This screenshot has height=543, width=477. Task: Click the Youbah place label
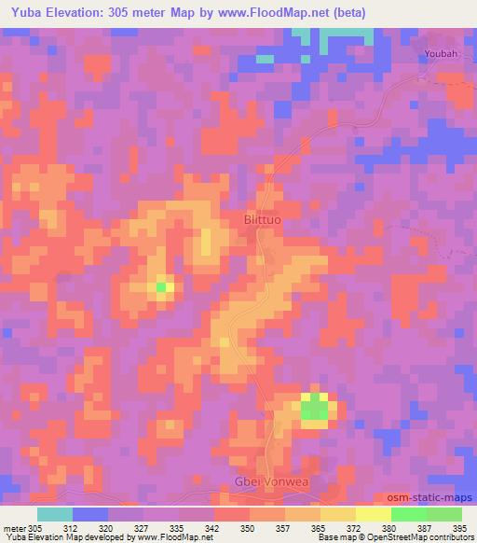pos(440,54)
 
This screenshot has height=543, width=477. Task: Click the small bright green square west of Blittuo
pos(161,287)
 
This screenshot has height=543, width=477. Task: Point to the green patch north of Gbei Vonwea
pos(315,407)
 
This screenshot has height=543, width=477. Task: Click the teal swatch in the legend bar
pos(55,514)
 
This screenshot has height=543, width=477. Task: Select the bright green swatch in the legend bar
pos(409,514)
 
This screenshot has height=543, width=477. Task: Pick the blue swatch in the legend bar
pos(90,514)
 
